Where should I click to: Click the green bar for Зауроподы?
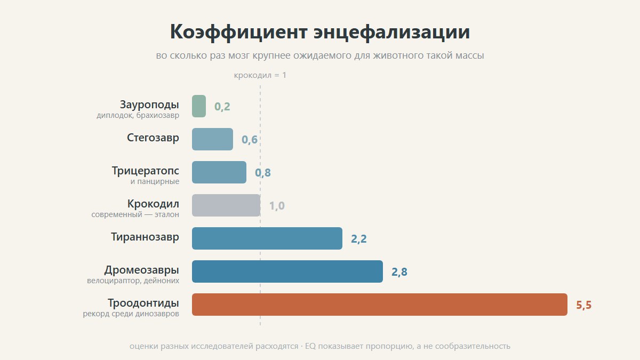[199, 106]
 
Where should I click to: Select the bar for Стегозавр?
[213, 139]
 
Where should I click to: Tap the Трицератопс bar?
[219, 172]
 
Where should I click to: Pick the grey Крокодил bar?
[226, 205]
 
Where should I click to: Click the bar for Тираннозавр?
[267, 238]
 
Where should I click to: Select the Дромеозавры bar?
[287, 271]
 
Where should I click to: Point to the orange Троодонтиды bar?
[380, 305]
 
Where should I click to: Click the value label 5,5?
[583, 305]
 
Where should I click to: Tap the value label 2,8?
[399, 271]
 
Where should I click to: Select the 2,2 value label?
[359, 238]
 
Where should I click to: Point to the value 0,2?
[222, 107]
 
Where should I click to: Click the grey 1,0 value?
[277, 206]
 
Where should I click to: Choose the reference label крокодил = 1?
[260, 75]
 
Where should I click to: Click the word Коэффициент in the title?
[239, 31]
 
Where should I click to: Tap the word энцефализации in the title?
[391, 31]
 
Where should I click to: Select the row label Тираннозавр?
[145, 237]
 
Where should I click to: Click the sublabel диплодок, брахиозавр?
[138, 115]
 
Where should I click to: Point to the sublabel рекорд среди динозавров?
[131, 314]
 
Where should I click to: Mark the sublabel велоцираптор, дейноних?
[133, 281]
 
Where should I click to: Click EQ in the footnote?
[310, 346]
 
